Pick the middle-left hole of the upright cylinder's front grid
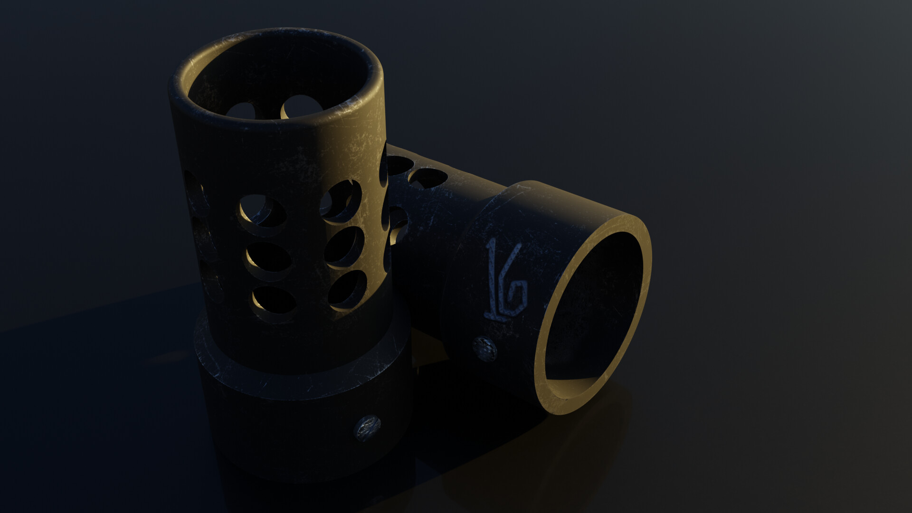(x=268, y=259)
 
